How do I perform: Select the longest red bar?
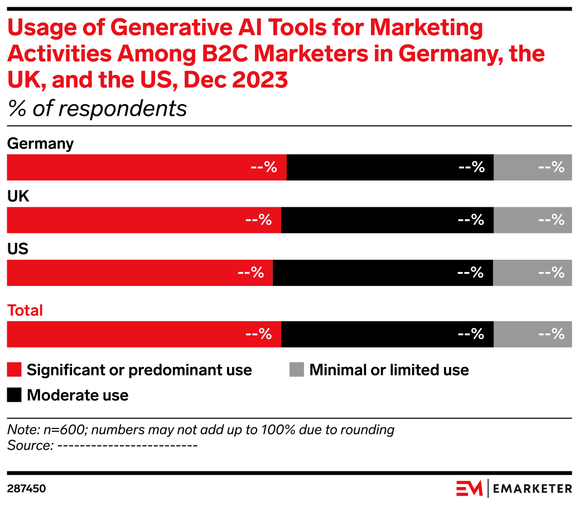(146, 168)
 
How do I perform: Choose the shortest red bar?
(139, 273)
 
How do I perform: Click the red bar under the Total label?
(143, 334)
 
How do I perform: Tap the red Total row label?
(25, 311)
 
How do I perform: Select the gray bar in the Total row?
(533, 334)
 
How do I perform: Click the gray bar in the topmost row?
(533, 168)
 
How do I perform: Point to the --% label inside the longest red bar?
(264, 168)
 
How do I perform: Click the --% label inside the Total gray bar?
(552, 334)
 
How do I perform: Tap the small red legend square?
(14, 370)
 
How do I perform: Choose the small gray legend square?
(297, 370)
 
